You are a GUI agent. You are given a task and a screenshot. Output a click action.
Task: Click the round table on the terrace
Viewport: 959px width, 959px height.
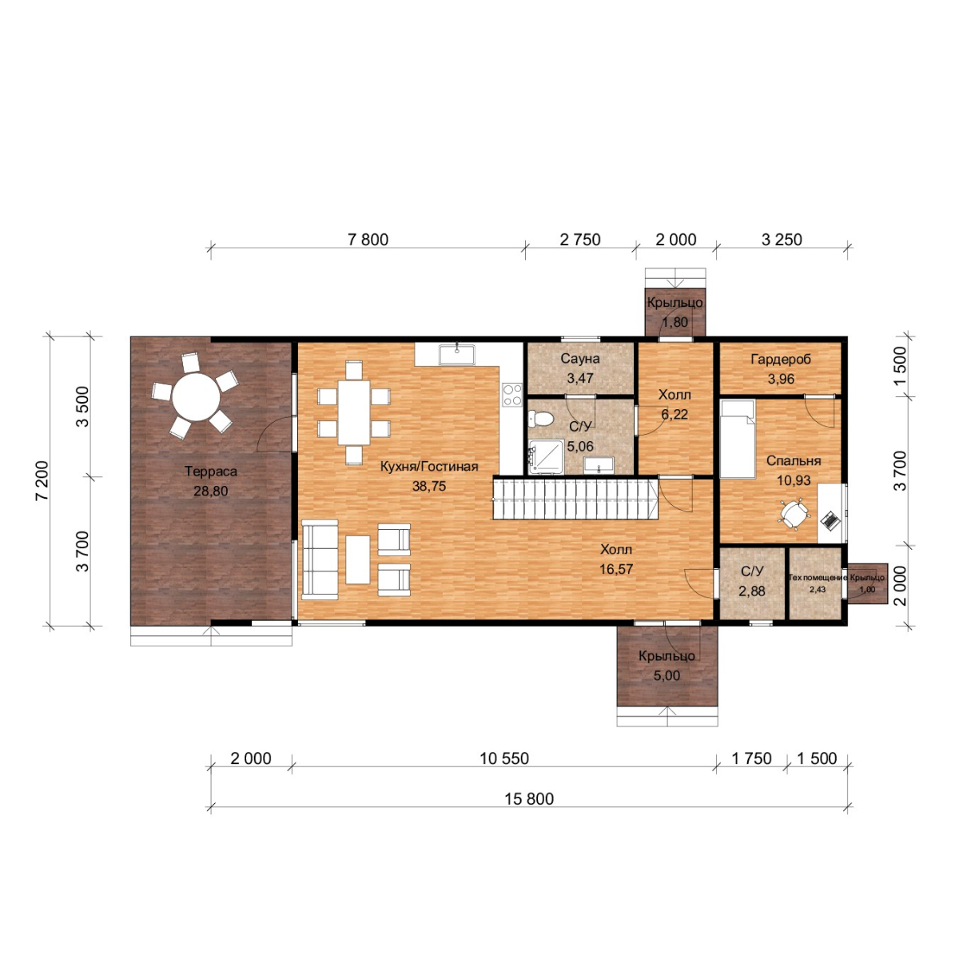[x=196, y=397]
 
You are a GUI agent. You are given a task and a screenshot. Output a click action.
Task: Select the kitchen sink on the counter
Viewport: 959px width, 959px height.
[x=457, y=355]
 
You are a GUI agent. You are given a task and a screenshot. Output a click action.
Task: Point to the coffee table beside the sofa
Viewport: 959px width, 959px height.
[x=358, y=559]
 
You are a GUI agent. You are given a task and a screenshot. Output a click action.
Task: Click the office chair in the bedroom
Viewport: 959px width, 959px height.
[x=794, y=513]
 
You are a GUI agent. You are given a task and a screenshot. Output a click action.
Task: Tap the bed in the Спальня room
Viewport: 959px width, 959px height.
[x=738, y=439]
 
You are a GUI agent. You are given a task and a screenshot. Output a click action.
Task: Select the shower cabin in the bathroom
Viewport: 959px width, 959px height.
[x=547, y=456]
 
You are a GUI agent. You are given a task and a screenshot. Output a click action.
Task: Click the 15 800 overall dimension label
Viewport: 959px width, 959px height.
[x=529, y=798]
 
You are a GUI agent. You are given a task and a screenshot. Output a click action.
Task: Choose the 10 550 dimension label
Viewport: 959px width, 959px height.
[x=504, y=758]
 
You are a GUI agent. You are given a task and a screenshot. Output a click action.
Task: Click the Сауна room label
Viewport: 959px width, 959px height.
[x=579, y=358]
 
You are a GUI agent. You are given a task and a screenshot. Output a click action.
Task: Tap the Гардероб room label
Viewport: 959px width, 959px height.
[x=781, y=359]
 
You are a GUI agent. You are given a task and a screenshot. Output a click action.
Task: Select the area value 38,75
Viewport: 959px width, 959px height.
[x=429, y=486]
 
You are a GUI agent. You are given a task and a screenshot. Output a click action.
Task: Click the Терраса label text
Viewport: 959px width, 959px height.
[x=210, y=472]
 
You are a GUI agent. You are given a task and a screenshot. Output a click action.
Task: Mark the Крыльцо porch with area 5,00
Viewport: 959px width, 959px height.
[x=667, y=667]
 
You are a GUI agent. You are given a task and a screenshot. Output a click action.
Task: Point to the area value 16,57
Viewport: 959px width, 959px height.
[x=616, y=569]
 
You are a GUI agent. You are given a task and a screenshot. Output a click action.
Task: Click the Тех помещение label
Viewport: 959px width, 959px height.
[x=818, y=578]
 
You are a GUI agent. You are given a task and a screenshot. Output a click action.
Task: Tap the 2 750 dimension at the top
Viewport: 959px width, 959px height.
[x=580, y=240]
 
